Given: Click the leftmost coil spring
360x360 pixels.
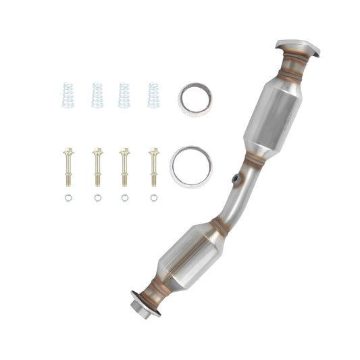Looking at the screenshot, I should pos(68,95).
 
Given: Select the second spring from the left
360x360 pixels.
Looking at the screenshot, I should pos(97,95).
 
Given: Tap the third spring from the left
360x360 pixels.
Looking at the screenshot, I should pos(124,95).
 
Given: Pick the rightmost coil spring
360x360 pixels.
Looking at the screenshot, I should pos(153,95).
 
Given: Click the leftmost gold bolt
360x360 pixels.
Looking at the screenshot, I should pos(68,167).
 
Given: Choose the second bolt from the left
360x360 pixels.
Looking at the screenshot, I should pos(97,167).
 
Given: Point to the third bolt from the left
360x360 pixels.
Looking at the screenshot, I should pos(125,167).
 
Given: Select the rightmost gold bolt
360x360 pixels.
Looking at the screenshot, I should pos(154,167).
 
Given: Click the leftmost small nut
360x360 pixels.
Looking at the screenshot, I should pos(68,198).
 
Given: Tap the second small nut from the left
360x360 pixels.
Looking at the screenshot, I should pos(97,198).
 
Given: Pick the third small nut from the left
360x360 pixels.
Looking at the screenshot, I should pos(125,198).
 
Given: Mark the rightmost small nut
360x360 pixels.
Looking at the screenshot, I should pos(154,198).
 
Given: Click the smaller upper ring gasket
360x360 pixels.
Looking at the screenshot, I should pos(192,99).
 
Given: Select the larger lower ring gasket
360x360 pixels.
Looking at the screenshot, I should pos(191,166).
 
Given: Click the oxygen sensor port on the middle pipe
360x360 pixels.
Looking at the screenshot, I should pos(235,179).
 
